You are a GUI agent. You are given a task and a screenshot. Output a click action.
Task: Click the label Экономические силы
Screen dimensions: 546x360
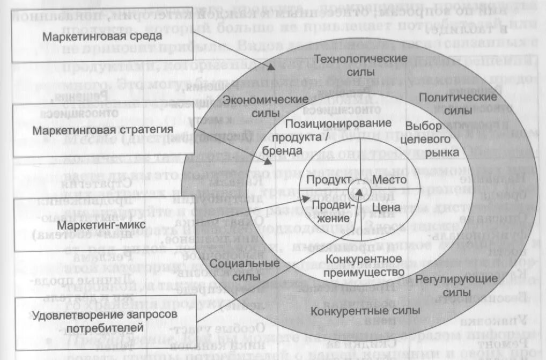(x=265, y=106)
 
